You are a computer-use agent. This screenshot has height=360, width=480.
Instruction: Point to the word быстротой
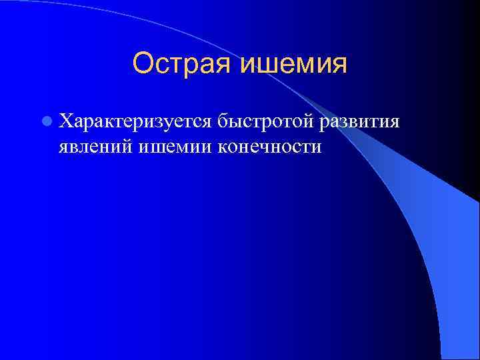tap(266, 122)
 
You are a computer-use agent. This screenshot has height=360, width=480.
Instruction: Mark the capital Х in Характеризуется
tap(65, 121)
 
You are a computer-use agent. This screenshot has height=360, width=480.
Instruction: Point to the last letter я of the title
tap(339, 65)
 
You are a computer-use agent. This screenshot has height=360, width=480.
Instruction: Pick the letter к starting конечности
tap(221, 147)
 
